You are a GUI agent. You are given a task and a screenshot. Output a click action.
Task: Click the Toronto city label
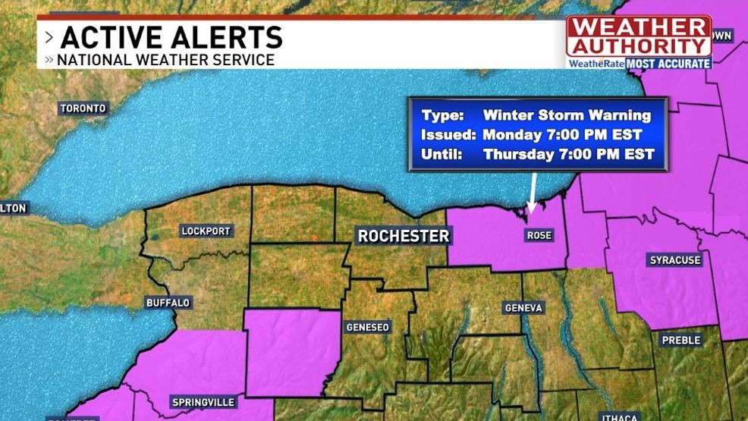point(83,108)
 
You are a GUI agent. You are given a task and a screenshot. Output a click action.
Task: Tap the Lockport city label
point(206,231)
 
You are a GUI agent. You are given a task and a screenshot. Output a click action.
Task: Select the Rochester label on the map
point(404,236)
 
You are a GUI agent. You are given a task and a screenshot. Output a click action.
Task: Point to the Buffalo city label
point(168,303)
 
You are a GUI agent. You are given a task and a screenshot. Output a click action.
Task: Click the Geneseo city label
point(367,328)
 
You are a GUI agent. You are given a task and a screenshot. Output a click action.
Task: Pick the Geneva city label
point(523,308)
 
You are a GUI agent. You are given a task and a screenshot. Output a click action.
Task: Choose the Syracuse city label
point(675,260)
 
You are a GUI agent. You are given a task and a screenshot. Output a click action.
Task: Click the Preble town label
point(680,341)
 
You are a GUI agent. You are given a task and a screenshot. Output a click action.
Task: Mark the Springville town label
point(204,402)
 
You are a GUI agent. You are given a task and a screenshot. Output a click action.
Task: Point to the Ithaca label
point(619,416)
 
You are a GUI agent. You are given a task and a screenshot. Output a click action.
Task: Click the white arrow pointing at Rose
point(533,194)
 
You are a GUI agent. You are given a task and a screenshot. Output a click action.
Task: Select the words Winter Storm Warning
point(567,116)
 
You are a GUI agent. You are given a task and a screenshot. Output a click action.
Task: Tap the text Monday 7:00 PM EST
point(562,135)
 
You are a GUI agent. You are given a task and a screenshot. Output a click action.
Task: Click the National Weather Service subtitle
point(165,59)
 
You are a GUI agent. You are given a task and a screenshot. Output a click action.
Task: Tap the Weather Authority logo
point(639,36)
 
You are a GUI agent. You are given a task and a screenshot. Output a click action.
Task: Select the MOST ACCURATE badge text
point(668,64)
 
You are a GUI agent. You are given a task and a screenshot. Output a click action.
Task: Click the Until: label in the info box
point(440,155)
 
